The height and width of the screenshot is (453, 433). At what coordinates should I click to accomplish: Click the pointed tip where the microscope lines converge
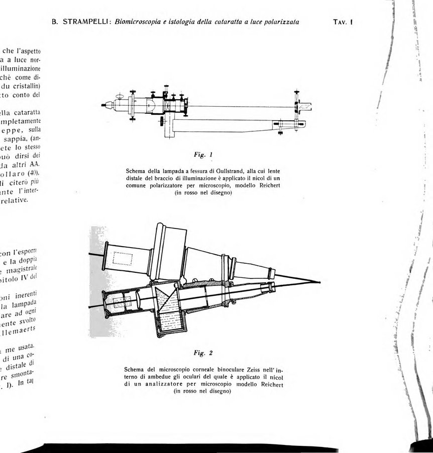(320, 281)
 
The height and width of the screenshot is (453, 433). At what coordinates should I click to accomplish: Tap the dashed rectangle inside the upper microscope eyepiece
(123, 258)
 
